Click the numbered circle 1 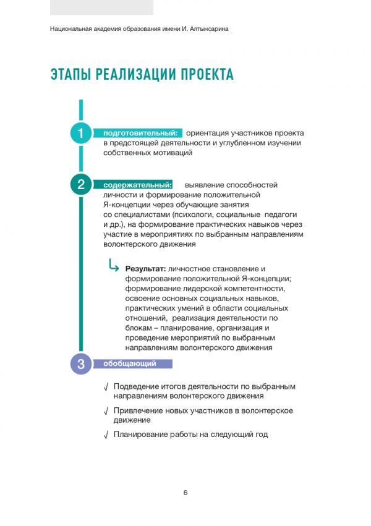click(80, 134)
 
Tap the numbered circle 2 click(80, 184)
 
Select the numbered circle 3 click(80, 363)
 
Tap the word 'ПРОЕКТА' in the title click(206, 75)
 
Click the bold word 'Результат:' click(145, 269)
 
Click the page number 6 click(185, 493)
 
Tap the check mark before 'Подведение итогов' click(106, 387)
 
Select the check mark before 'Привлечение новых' click(106, 411)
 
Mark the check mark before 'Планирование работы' click(106, 435)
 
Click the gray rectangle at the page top click(101, 7)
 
